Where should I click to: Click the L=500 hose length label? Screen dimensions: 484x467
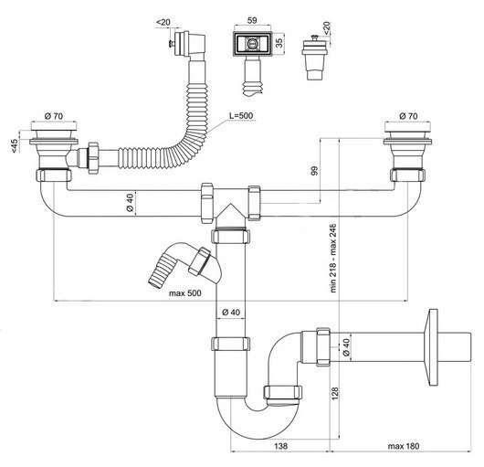[241, 115]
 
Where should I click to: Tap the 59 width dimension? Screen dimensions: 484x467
[252, 20]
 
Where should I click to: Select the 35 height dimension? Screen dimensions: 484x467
[279, 43]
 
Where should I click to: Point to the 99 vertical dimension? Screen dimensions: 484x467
[314, 171]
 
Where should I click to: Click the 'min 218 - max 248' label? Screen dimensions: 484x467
[333, 258]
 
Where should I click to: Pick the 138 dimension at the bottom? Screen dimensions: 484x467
[280, 446]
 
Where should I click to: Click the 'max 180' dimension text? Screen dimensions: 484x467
[404, 446]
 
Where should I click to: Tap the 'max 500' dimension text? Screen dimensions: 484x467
[184, 293]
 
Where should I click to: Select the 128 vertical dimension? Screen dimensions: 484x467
[335, 393]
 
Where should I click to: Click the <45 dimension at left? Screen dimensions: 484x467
[15, 145]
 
